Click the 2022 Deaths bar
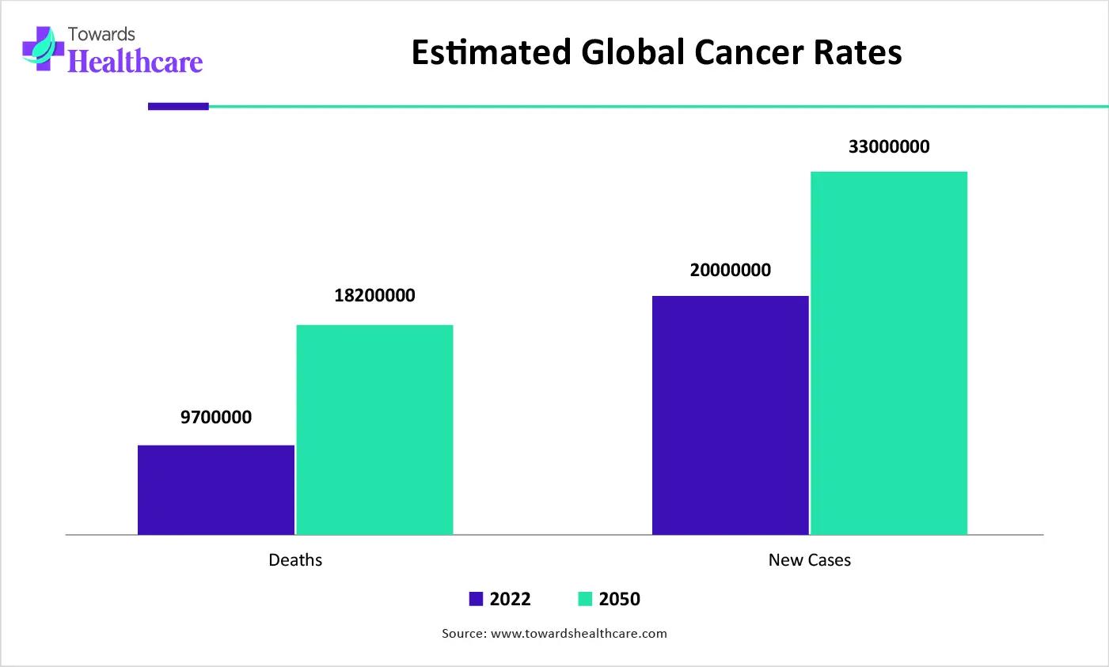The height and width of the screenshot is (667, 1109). (216, 490)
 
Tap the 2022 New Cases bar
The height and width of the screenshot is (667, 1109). (730, 415)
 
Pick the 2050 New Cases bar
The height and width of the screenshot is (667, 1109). (889, 353)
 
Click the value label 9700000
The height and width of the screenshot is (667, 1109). (216, 418)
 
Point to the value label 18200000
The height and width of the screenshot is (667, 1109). (374, 296)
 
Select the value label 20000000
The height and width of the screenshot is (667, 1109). (730, 271)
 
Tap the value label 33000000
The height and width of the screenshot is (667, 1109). (889, 147)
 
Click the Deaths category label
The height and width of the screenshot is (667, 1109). (295, 560)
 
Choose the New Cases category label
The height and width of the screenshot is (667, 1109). (809, 560)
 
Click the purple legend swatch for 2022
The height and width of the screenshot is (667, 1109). (476, 599)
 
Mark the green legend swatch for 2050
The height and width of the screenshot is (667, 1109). (585, 599)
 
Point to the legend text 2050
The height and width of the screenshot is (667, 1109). (619, 599)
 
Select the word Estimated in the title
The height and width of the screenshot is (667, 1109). (491, 53)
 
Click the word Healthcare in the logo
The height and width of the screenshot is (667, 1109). (135, 62)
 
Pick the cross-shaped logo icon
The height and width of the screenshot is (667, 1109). (43, 49)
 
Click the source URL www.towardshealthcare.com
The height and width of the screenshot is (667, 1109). (579, 634)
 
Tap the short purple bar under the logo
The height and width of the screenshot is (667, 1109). (178, 106)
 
